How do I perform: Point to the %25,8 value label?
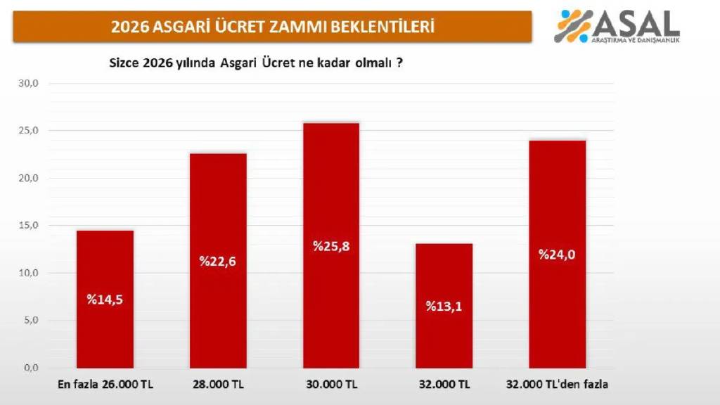pyautogui.click(x=331, y=246)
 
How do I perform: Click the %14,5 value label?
pyautogui.click(x=105, y=299)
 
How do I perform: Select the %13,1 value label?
pyautogui.click(x=444, y=306)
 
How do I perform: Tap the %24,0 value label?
pyautogui.click(x=557, y=255)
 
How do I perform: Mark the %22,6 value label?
pyautogui.click(x=218, y=262)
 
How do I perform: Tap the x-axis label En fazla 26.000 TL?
pyautogui.click(x=104, y=385)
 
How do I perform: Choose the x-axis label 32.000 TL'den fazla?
pyautogui.click(x=558, y=385)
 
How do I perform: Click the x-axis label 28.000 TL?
pyautogui.click(x=218, y=385)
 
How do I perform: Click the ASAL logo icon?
pyautogui.click(x=573, y=26)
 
